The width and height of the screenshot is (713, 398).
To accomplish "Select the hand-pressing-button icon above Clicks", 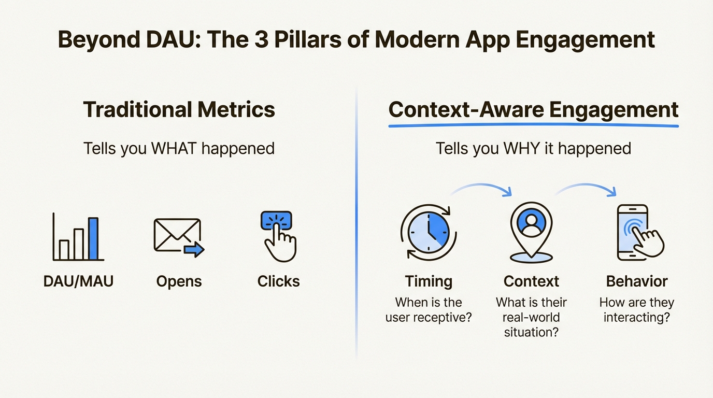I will pos(278,236).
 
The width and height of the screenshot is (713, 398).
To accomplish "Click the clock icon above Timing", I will pos(429,231).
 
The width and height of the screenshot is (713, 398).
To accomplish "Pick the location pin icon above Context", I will pos(531,232).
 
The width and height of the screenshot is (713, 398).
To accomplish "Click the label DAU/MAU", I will pos(78,281).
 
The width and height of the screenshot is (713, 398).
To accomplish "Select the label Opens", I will pos(179,281).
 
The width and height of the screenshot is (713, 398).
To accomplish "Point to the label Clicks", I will pos(278,281).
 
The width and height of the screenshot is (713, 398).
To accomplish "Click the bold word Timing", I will pos(429,281).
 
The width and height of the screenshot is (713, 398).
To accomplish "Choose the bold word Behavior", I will pos(637,281).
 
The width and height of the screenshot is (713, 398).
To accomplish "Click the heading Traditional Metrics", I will pos(179,109).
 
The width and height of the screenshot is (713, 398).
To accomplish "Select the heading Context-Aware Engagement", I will pos(533,109).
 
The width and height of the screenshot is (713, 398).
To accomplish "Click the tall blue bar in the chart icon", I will pos(93,238).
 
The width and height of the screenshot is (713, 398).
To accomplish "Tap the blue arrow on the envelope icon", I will pos(194,250).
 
